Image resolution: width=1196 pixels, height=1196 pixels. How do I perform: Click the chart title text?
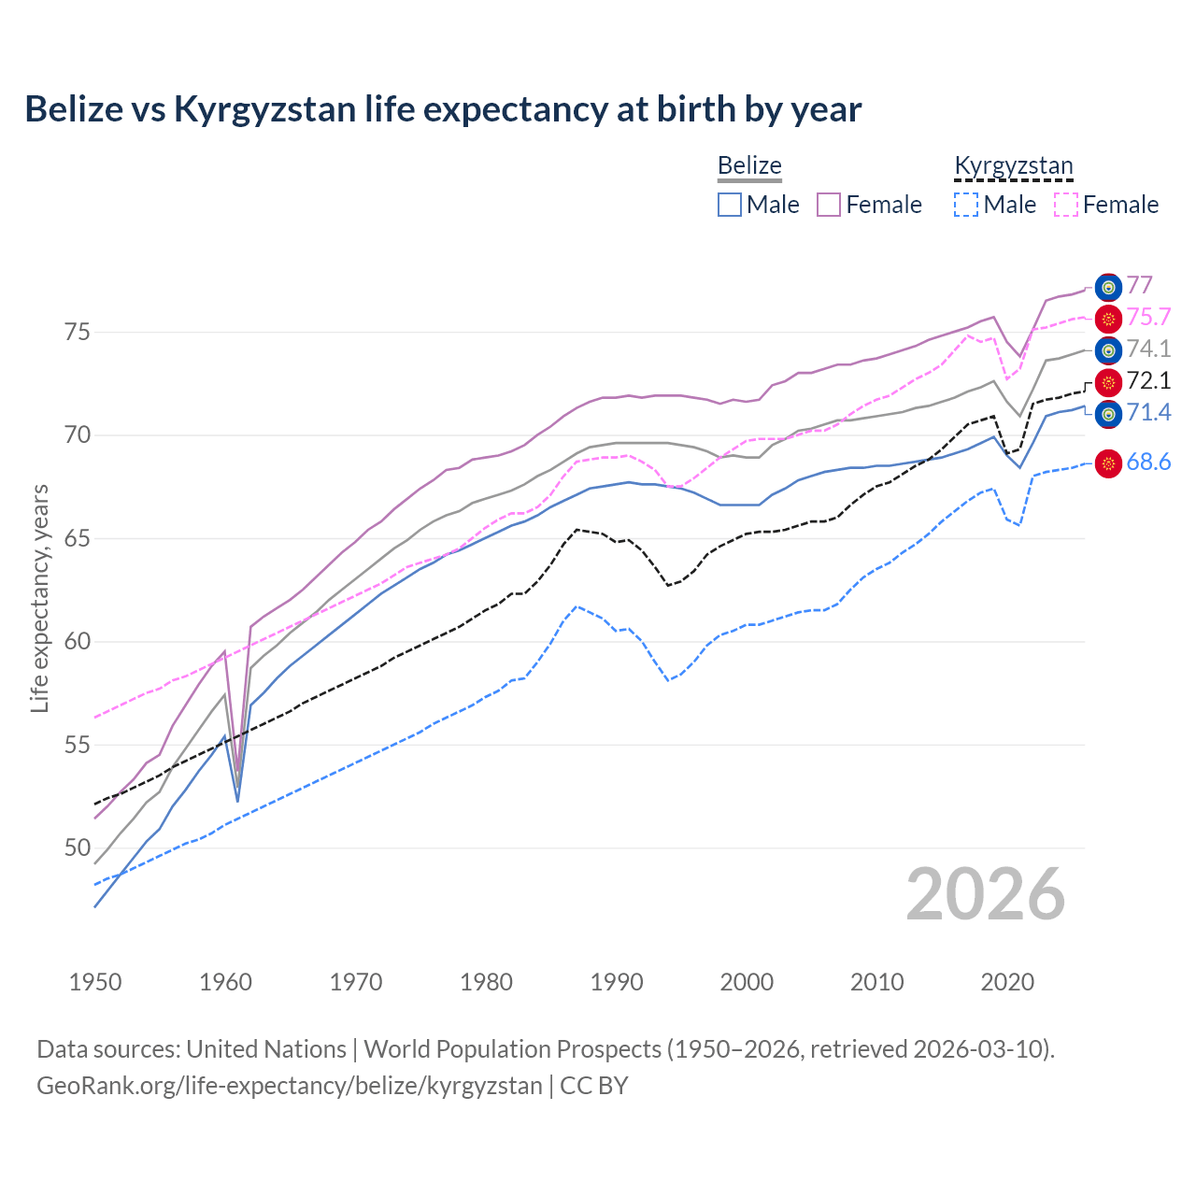tap(443, 109)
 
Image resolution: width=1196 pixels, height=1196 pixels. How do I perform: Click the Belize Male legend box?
tap(730, 205)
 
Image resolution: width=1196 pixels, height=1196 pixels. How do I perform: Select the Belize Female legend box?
tap(829, 205)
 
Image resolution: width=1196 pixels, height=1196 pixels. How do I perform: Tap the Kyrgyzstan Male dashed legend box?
tap(966, 205)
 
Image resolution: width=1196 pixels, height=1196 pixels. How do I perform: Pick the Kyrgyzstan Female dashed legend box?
tap(1065, 205)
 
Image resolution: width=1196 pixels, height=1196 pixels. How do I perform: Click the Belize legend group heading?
tap(749, 165)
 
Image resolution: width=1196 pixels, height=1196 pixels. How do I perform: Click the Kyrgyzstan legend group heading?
tap(1013, 165)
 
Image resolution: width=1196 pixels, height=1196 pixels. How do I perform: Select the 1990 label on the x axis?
tap(617, 982)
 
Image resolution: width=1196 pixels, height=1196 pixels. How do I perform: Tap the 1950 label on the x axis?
tap(95, 982)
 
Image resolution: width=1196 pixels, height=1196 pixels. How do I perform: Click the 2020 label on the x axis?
tap(1007, 982)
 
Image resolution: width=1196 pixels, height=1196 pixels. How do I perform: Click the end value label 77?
tap(1139, 285)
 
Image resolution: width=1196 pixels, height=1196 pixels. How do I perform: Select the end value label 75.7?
tap(1148, 318)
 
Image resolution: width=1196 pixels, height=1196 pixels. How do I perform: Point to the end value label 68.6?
tap(1148, 462)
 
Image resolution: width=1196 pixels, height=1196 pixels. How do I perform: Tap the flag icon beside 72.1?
tap(1108, 382)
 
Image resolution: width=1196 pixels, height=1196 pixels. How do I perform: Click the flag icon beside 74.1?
tap(1108, 350)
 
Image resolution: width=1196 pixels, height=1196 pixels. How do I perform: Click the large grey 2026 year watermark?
tap(985, 894)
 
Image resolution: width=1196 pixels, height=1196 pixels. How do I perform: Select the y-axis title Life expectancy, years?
tap(39, 598)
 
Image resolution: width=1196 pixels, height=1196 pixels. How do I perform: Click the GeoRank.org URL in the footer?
tap(290, 1086)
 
